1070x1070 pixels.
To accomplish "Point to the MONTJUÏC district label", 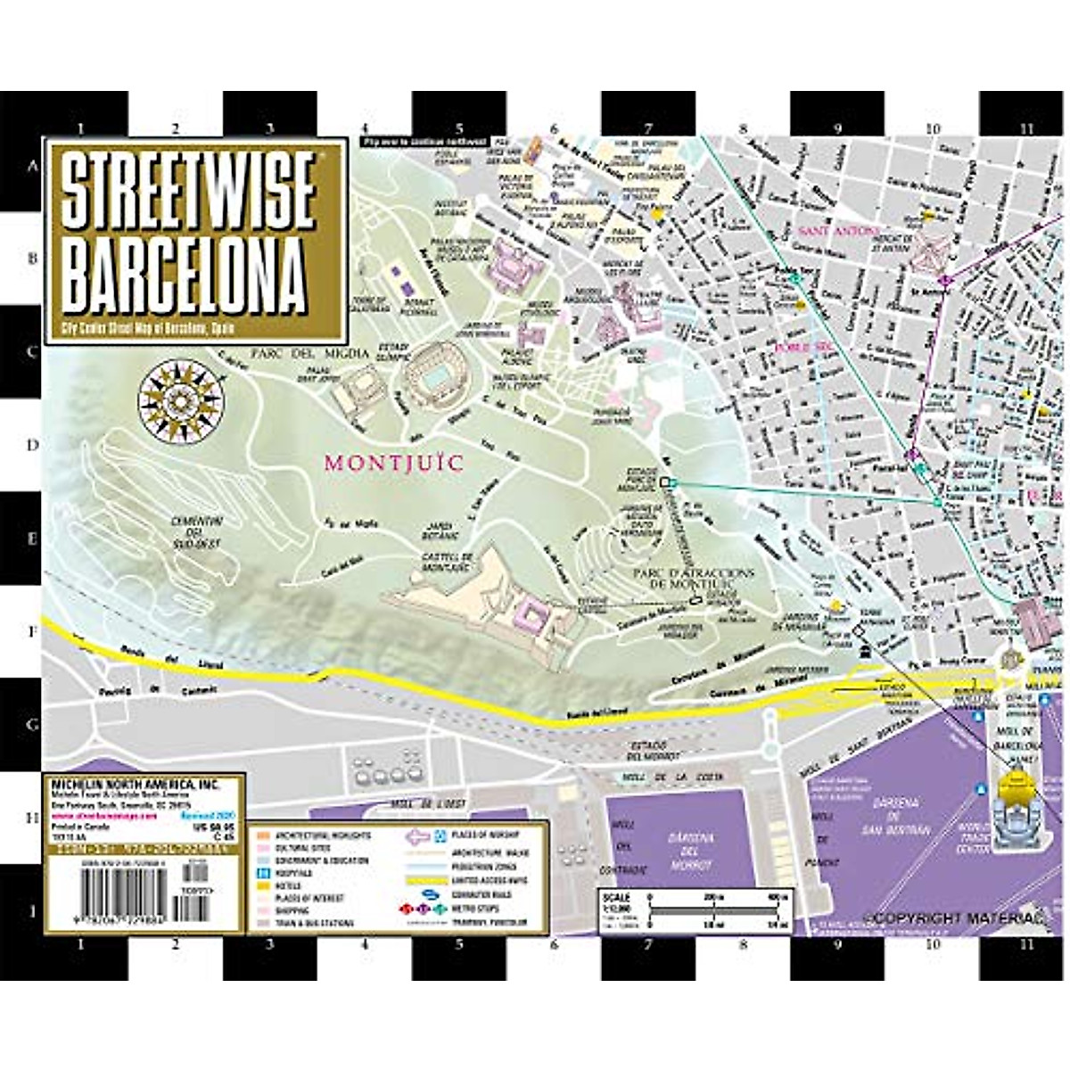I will (x=393, y=464).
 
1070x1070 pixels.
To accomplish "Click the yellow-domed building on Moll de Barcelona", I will (x=1017, y=789).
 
